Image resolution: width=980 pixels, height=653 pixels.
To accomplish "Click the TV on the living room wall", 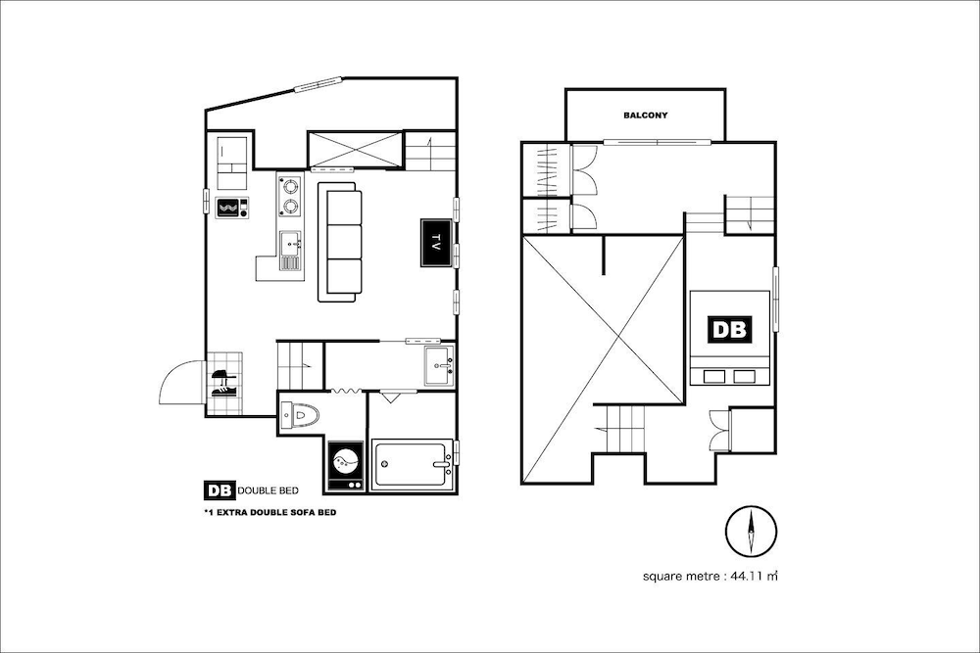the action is tap(436, 243).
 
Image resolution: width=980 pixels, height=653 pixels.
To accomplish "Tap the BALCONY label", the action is tap(645, 116).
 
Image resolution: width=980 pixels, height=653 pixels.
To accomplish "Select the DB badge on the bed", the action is tap(729, 329).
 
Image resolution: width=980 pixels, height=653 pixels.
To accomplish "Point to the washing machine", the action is tap(346, 466).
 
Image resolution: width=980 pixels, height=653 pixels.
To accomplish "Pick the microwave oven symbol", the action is tap(232, 208).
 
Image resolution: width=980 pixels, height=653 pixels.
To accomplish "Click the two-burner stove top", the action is tap(290, 196).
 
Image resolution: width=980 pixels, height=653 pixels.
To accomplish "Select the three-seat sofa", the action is tap(339, 242).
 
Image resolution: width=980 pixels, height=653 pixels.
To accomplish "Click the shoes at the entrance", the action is tap(223, 384).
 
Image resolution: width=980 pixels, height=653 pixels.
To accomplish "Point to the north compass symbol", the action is tap(752, 532).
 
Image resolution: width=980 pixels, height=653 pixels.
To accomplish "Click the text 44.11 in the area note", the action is tap(747, 576).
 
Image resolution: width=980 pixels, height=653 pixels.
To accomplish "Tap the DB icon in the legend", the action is tap(219, 490).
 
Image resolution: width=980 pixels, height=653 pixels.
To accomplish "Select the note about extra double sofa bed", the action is tap(270, 513).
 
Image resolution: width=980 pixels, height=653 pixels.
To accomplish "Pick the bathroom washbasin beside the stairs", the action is tap(440, 366).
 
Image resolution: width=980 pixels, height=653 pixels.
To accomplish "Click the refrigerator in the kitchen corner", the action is tap(232, 163).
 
